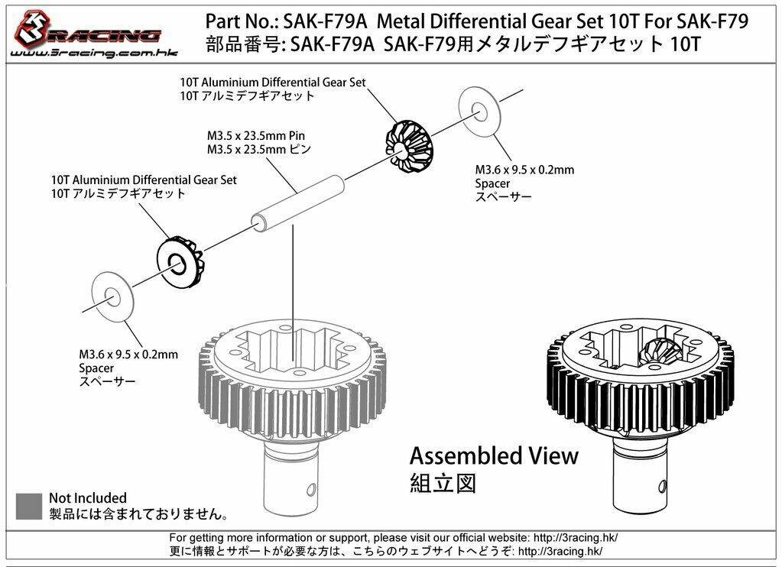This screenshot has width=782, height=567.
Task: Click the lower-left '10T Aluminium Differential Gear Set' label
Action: [143, 180]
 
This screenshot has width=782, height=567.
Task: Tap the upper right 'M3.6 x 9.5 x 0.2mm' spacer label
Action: [524, 170]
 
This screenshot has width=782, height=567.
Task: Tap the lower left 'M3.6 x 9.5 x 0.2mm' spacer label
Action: [128, 355]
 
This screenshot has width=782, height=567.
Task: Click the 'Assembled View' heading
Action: [494, 456]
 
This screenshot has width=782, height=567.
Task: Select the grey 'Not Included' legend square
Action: [29, 505]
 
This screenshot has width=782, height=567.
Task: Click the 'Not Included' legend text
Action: [88, 498]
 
